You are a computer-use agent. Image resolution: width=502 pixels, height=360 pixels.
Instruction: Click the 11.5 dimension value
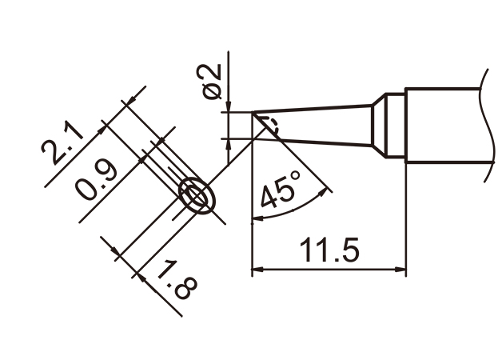pyautogui.click(x=329, y=250)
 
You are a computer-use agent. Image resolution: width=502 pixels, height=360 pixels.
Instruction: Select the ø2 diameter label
pyautogui.click(x=211, y=82)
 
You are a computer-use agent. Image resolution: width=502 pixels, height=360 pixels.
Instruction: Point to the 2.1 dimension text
pyautogui.click(x=62, y=142)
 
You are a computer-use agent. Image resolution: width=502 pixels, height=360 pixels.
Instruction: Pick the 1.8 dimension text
pyautogui.click(x=177, y=280)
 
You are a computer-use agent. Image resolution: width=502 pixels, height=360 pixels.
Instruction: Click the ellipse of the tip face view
pyautogui.click(x=197, y=194)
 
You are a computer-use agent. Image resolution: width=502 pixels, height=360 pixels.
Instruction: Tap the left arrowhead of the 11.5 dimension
pyautogui.click(x=257, y=270)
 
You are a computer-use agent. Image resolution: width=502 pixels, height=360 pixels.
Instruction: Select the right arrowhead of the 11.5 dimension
pyautogui.click(x=400, y=270)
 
